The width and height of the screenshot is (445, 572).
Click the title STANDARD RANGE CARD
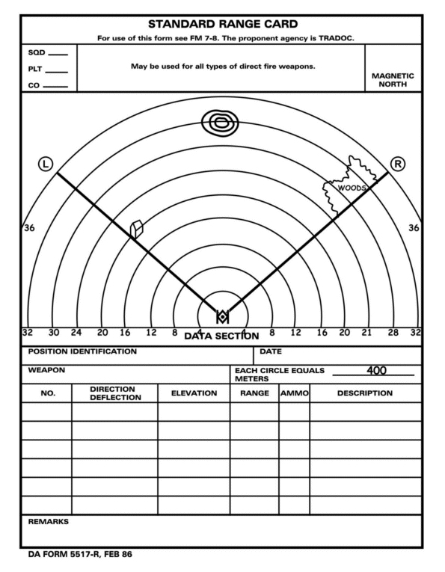coord(222,24)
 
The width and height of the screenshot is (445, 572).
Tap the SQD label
coord(37,53)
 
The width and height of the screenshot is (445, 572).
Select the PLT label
coord(36,70)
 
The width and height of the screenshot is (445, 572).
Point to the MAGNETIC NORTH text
coord(393,80)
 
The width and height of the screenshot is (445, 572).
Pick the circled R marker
coord(398,164)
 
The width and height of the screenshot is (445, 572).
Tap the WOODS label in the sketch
coord(351,188)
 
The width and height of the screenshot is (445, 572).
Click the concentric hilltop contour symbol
coord(221,123)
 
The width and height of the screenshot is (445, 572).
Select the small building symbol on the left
coord(136,229)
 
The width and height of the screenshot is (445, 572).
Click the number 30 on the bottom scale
coord(54,333)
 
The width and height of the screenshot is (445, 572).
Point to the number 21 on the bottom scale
coord(366,333)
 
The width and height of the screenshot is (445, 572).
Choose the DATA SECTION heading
coord(221,336)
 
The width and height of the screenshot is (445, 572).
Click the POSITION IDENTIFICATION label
coord(82,351)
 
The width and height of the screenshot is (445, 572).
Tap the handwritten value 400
coord(376,370)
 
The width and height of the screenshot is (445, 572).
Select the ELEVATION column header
coord(194,393)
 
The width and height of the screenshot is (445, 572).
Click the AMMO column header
coord(294,393)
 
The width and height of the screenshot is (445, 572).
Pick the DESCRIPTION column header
coord(364,393)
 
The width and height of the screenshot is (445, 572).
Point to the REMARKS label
coord(48,521)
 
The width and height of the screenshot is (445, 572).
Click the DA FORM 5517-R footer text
coord(79,556)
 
